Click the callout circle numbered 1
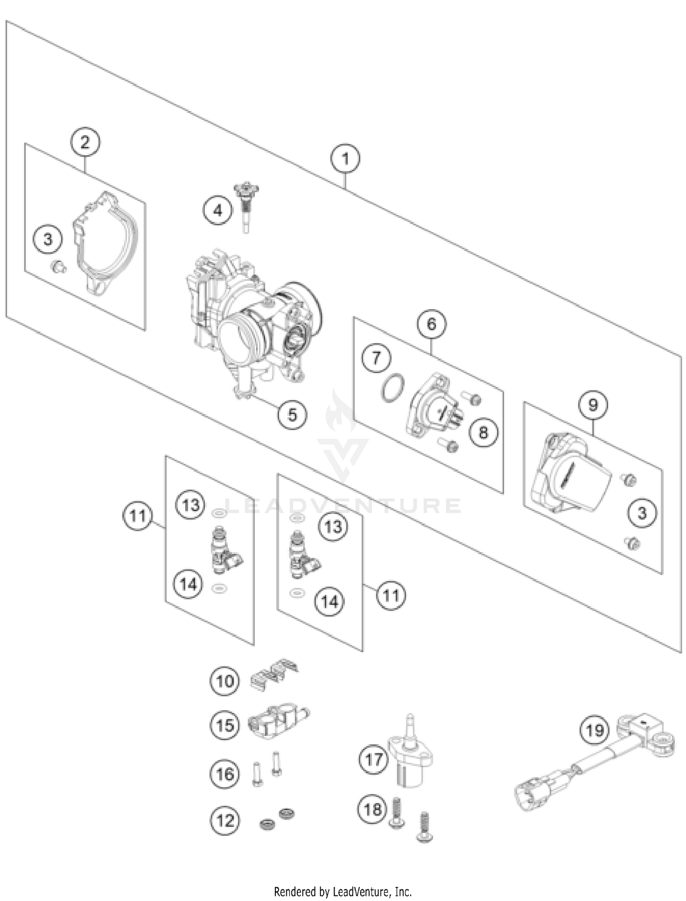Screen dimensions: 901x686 (x=345, y=159)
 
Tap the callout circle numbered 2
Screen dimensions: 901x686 (x=85, y=142)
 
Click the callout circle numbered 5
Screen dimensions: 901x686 (x=292, y=415)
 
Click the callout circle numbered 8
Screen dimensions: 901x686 (x=483, y=432)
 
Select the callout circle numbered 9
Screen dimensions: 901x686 (x=593, y=405)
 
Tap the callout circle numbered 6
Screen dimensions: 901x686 (x=431, y=324)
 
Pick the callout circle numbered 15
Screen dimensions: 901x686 (x=225, y=725)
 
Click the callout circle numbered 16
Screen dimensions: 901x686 (x=225, y=774)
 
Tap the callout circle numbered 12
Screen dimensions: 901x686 (x=225, y=821)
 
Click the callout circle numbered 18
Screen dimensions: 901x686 (x=372, y=810)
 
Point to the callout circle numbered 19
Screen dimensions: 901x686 (x=595, y=730)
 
